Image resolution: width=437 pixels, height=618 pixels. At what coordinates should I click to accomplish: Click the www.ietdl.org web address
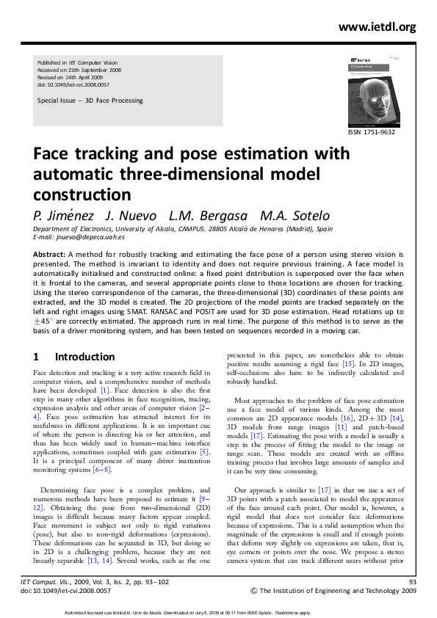click(377, 27)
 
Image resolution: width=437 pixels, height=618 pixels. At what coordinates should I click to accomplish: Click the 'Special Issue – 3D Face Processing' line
click(90, 101)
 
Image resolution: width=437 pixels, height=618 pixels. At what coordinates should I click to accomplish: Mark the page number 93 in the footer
click(411, 581)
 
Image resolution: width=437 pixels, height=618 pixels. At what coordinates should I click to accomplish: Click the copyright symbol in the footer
click(254, 591)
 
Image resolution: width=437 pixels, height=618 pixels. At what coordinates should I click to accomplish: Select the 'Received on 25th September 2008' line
click(79, 70)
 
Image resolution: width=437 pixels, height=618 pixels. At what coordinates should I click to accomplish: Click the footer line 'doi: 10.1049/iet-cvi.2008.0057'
click(65, 589)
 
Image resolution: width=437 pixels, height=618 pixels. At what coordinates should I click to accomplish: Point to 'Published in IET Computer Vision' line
click(79, 63)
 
